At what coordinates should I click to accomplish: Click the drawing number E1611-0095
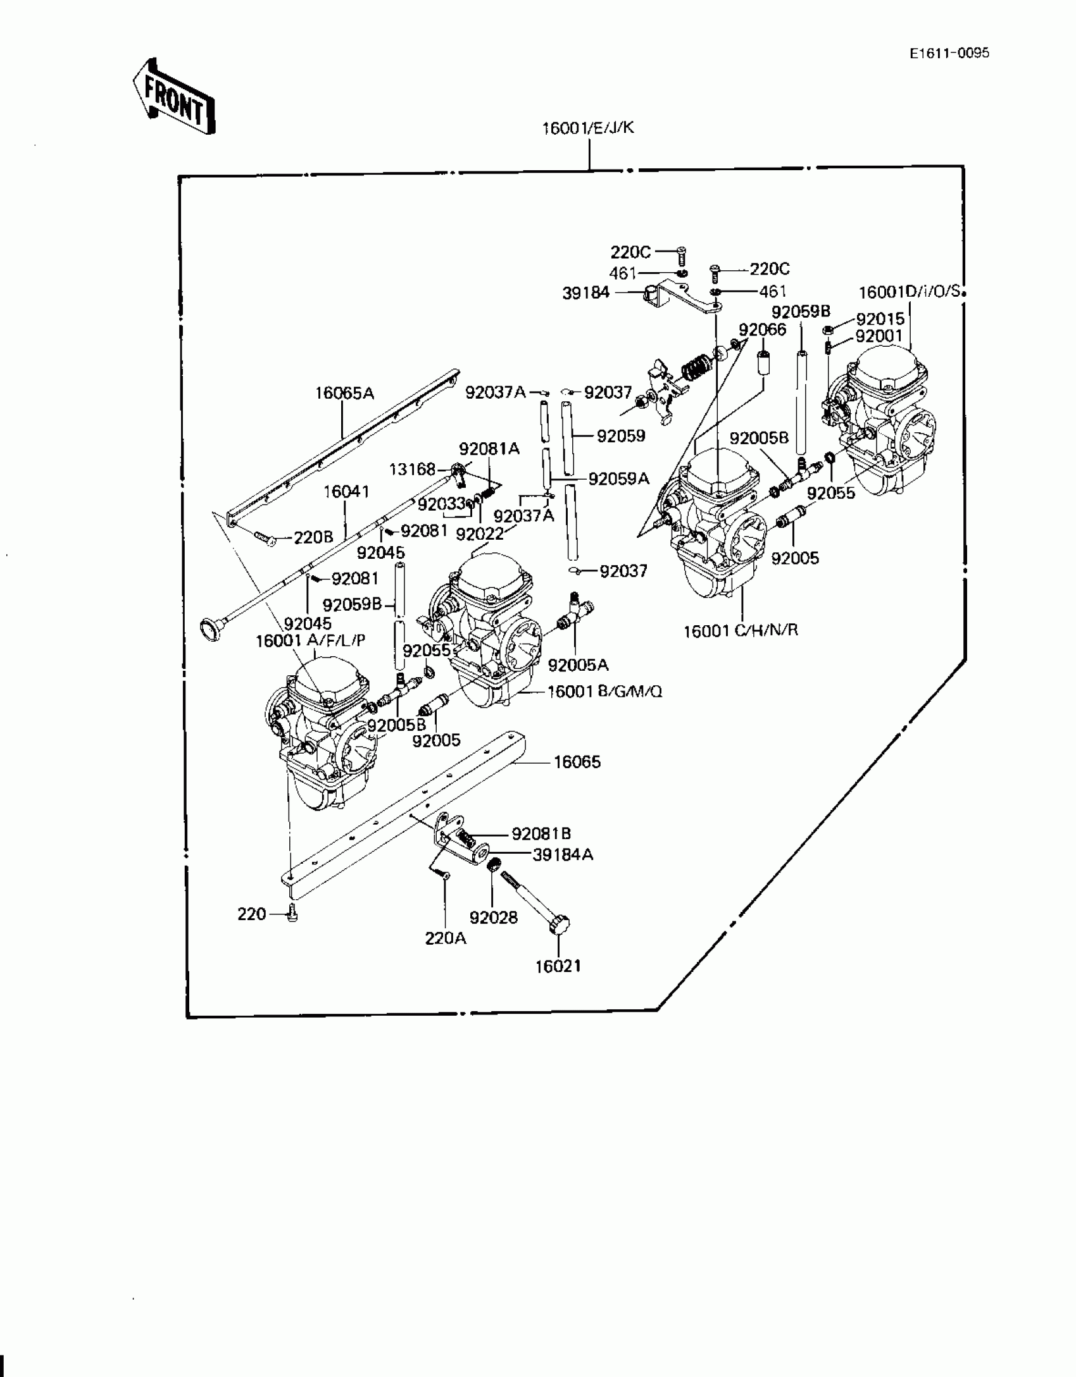coord(949,53)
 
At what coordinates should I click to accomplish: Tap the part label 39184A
coord(563,855)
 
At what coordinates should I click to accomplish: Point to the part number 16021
coord(558,966)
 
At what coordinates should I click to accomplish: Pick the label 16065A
coord(344,394)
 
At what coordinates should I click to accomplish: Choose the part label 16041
coord(346,492)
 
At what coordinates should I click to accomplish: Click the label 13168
coord(412,469)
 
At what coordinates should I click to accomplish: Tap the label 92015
coord(880,319)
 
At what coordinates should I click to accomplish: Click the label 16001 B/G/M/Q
coord(604,692)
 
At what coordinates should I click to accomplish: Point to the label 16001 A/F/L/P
coord(310,640)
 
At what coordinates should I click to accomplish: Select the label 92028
coord(493,917)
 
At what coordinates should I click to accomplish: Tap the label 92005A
coord(578,665)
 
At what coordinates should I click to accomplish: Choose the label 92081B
coord(541,833)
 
